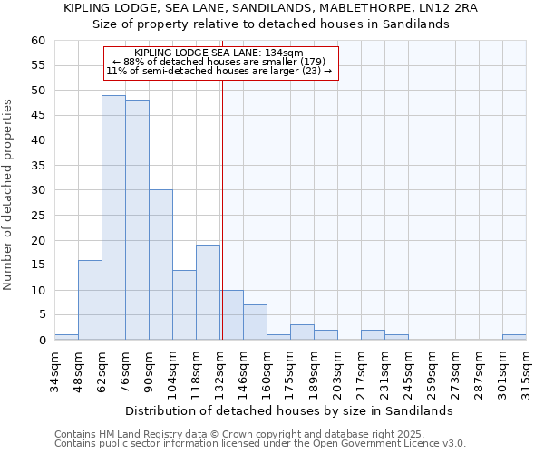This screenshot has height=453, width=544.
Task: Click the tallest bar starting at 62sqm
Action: tap(113, 217)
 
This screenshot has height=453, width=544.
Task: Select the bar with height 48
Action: tap(137, 220)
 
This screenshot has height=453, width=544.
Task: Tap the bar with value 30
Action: tap(160, 265)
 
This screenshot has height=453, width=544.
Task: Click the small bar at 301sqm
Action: tap(514, 337)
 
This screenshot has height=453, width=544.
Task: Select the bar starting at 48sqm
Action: tap(90, 300)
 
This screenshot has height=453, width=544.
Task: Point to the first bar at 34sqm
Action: tap(66, 337)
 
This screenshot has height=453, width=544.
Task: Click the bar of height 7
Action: tap(255, 323)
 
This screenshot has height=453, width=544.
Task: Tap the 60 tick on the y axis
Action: tap(37, 41)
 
